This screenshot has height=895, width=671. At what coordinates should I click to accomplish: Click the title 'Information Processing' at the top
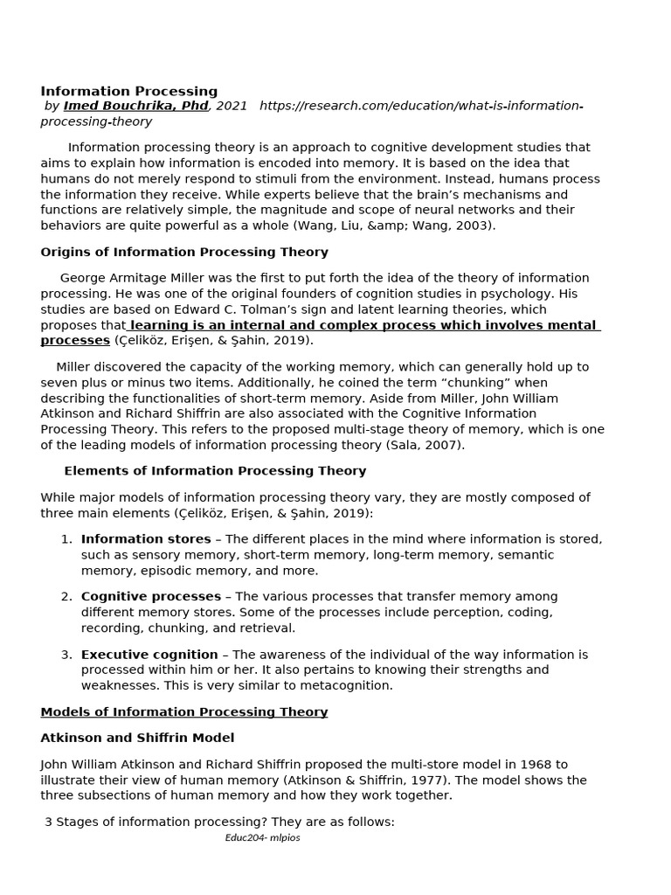129,91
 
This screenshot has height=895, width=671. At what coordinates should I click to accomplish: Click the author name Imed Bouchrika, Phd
136,106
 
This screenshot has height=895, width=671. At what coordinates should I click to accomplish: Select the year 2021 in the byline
232,106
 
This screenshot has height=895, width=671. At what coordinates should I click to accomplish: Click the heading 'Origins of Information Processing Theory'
184,252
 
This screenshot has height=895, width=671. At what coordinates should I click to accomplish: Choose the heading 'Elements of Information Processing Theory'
215,471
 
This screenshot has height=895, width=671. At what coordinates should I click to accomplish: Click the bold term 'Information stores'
146,539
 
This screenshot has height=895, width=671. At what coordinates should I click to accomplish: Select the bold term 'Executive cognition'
149,655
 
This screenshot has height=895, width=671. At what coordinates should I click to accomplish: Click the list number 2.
66,596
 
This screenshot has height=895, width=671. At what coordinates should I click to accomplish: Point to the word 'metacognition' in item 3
349,685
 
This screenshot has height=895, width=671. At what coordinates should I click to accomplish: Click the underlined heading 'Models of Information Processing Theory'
184,712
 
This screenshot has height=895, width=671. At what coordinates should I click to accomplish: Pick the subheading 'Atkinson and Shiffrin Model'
137,739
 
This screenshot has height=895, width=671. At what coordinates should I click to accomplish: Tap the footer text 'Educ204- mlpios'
262,837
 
